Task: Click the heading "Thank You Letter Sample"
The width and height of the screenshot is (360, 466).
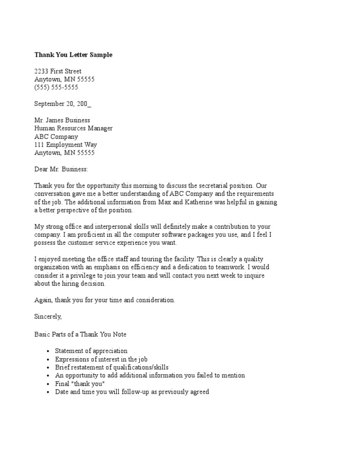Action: pyautogui.click(x=73, y=55)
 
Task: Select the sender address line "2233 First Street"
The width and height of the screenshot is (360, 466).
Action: pyautogui.click(x=58, y=71)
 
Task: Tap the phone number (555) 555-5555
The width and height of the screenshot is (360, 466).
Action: pyautogui.click(x=56, y=87)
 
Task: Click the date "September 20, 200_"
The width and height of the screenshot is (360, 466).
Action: pyautogui.click(x=62, y=104)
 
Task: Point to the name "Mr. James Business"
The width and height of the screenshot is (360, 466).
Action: pyautogui.click(x=62, y=120)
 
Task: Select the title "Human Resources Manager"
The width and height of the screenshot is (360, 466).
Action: pyautogui.click(x=73, y=128)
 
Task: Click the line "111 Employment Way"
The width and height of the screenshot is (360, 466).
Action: pyautogui.click(x=65, y=145)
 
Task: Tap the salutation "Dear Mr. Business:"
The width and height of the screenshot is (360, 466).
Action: pyautogui.click(x=61, y=169)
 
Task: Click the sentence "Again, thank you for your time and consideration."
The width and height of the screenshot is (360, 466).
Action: pyautogui.click(x=105, y=300)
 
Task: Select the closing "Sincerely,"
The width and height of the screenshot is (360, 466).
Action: pyautogui.click(x=48, y=316)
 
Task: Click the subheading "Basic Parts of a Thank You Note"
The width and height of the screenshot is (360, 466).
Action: pyautogui.click(x=80, y=335)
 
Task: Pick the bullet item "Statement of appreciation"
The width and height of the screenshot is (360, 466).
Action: pyautogui.click(x=91, y=351)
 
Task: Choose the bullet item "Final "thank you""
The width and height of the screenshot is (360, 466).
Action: pyautogui.click(x=80, y=383)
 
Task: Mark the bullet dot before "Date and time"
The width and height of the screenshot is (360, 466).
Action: pyautogui.click(x=48, y=392)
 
